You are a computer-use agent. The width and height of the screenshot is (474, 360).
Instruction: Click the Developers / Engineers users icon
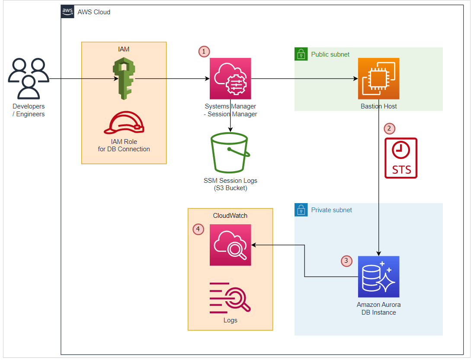tap(29, 79)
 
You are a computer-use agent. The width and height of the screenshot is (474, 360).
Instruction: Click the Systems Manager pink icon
tap(230, 79)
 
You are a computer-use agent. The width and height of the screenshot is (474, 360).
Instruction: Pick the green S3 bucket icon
tap(229, 153)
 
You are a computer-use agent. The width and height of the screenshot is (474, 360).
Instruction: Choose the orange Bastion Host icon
tap(378, 79)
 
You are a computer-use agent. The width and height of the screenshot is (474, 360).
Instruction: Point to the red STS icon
tap(401, 158)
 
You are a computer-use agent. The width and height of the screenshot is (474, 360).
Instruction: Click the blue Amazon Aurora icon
tap(378, 277)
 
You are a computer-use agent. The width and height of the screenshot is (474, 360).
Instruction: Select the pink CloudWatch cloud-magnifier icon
tap(230, 245)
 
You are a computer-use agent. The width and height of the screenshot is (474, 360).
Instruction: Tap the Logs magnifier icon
tap(230, 297)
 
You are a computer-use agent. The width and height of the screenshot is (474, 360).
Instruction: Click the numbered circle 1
tap(204, 51)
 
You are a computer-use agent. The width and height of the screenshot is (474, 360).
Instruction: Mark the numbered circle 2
tap(390, 128)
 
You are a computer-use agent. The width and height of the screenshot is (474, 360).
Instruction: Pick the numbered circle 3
tap(346, 261)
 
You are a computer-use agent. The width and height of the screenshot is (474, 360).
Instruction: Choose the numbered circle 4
tap(198, 229)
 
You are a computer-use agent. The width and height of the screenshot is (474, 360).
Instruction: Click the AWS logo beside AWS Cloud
tap(67, 12)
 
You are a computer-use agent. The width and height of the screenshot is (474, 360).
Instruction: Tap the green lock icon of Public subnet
tap(301, 54)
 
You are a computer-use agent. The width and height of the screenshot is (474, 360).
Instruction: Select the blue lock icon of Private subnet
tap(301, 210)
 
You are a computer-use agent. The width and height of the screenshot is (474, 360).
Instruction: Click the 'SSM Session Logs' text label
tap(230, 181)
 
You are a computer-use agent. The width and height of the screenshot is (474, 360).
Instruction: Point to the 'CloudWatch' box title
tap(230, 216)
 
